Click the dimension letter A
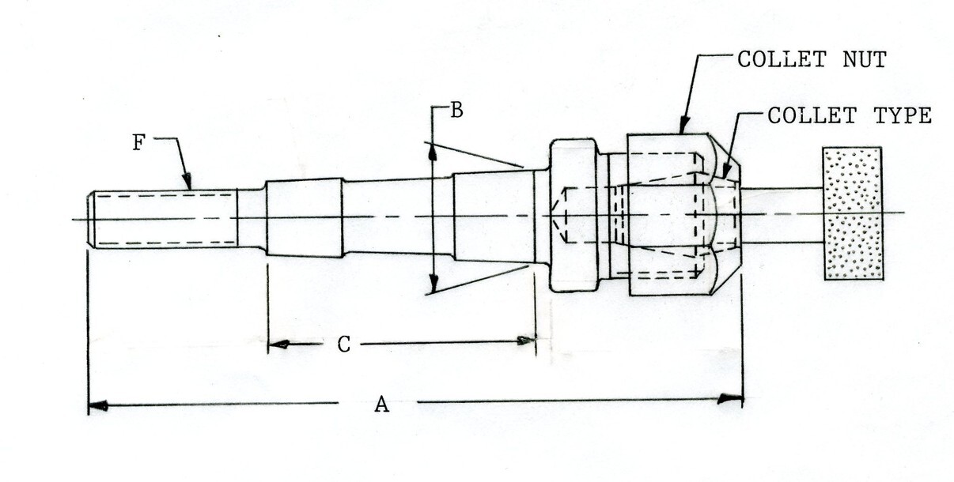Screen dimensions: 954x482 381,404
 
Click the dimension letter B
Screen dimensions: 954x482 456,110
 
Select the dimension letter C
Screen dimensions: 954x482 344,345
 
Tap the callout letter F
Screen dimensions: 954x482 139,142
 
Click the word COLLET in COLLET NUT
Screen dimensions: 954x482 782,59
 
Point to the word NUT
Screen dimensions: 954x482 865,59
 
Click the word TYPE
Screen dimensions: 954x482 903,115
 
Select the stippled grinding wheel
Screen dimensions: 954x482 853,213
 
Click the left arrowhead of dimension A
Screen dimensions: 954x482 98,406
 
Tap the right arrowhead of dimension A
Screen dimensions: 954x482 730,399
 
